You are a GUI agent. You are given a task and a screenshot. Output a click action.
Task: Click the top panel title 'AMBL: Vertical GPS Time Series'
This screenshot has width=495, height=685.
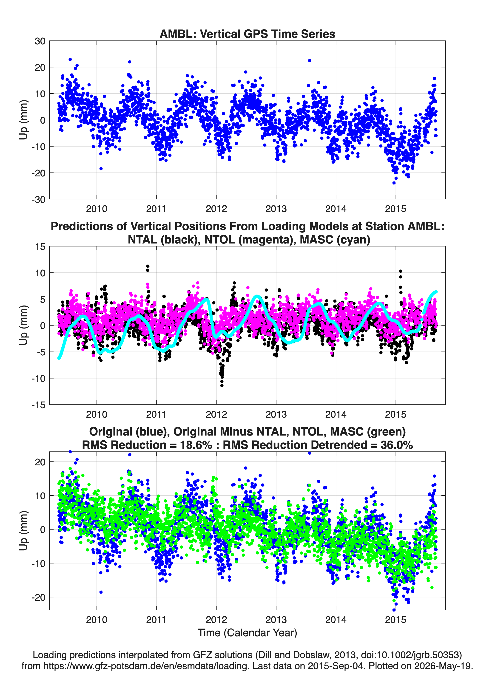click(247, 34)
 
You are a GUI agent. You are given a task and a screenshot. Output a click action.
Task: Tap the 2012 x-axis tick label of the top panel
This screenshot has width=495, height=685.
click(216, 209)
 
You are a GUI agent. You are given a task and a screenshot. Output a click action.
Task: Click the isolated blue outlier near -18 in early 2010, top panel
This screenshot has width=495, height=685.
click(101, 169)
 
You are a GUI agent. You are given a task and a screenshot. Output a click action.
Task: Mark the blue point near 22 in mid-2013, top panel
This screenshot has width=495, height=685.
click(310, 61)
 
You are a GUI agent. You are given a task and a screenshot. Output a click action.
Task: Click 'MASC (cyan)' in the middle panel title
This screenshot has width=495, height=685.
click(335, 240)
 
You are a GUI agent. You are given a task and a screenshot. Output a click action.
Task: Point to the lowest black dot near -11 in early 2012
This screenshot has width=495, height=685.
click(222, 386)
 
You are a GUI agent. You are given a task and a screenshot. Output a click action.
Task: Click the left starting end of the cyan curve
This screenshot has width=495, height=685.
click(59, 358)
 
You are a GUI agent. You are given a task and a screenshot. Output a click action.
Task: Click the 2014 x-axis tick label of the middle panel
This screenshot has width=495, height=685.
click(336, 414)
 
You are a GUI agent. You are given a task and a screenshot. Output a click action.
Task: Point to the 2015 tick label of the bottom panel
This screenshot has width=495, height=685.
click(395, 620)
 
